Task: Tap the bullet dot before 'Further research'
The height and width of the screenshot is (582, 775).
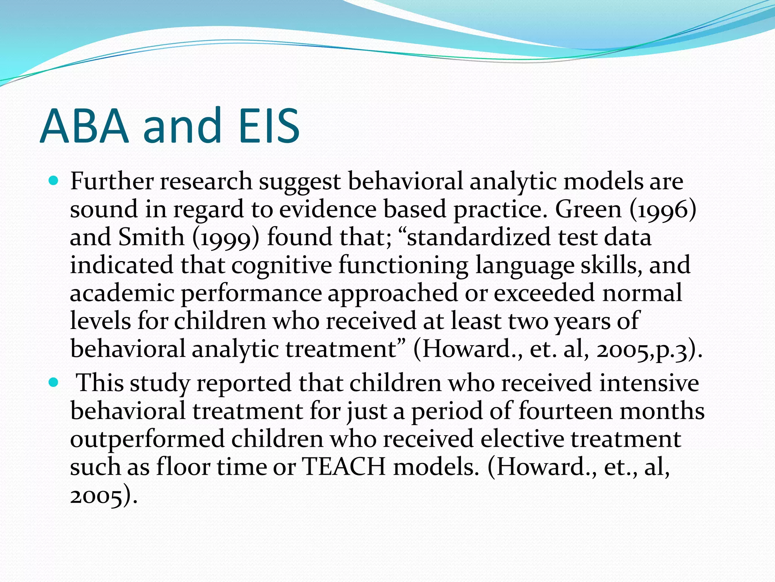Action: click(54, 181)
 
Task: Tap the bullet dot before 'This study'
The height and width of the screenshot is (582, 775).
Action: click(54, 383)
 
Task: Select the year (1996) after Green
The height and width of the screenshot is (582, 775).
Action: click(663, 209)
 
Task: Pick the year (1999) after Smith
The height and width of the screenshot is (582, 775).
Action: click(226, 238)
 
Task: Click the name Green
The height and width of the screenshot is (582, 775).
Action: click(588, 209)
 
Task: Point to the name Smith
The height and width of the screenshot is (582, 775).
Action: click(151, 237)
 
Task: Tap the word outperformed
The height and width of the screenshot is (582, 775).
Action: click(147, 439)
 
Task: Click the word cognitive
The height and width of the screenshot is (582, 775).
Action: click(282, 265)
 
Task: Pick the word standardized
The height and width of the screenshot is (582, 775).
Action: click(479, 237)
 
